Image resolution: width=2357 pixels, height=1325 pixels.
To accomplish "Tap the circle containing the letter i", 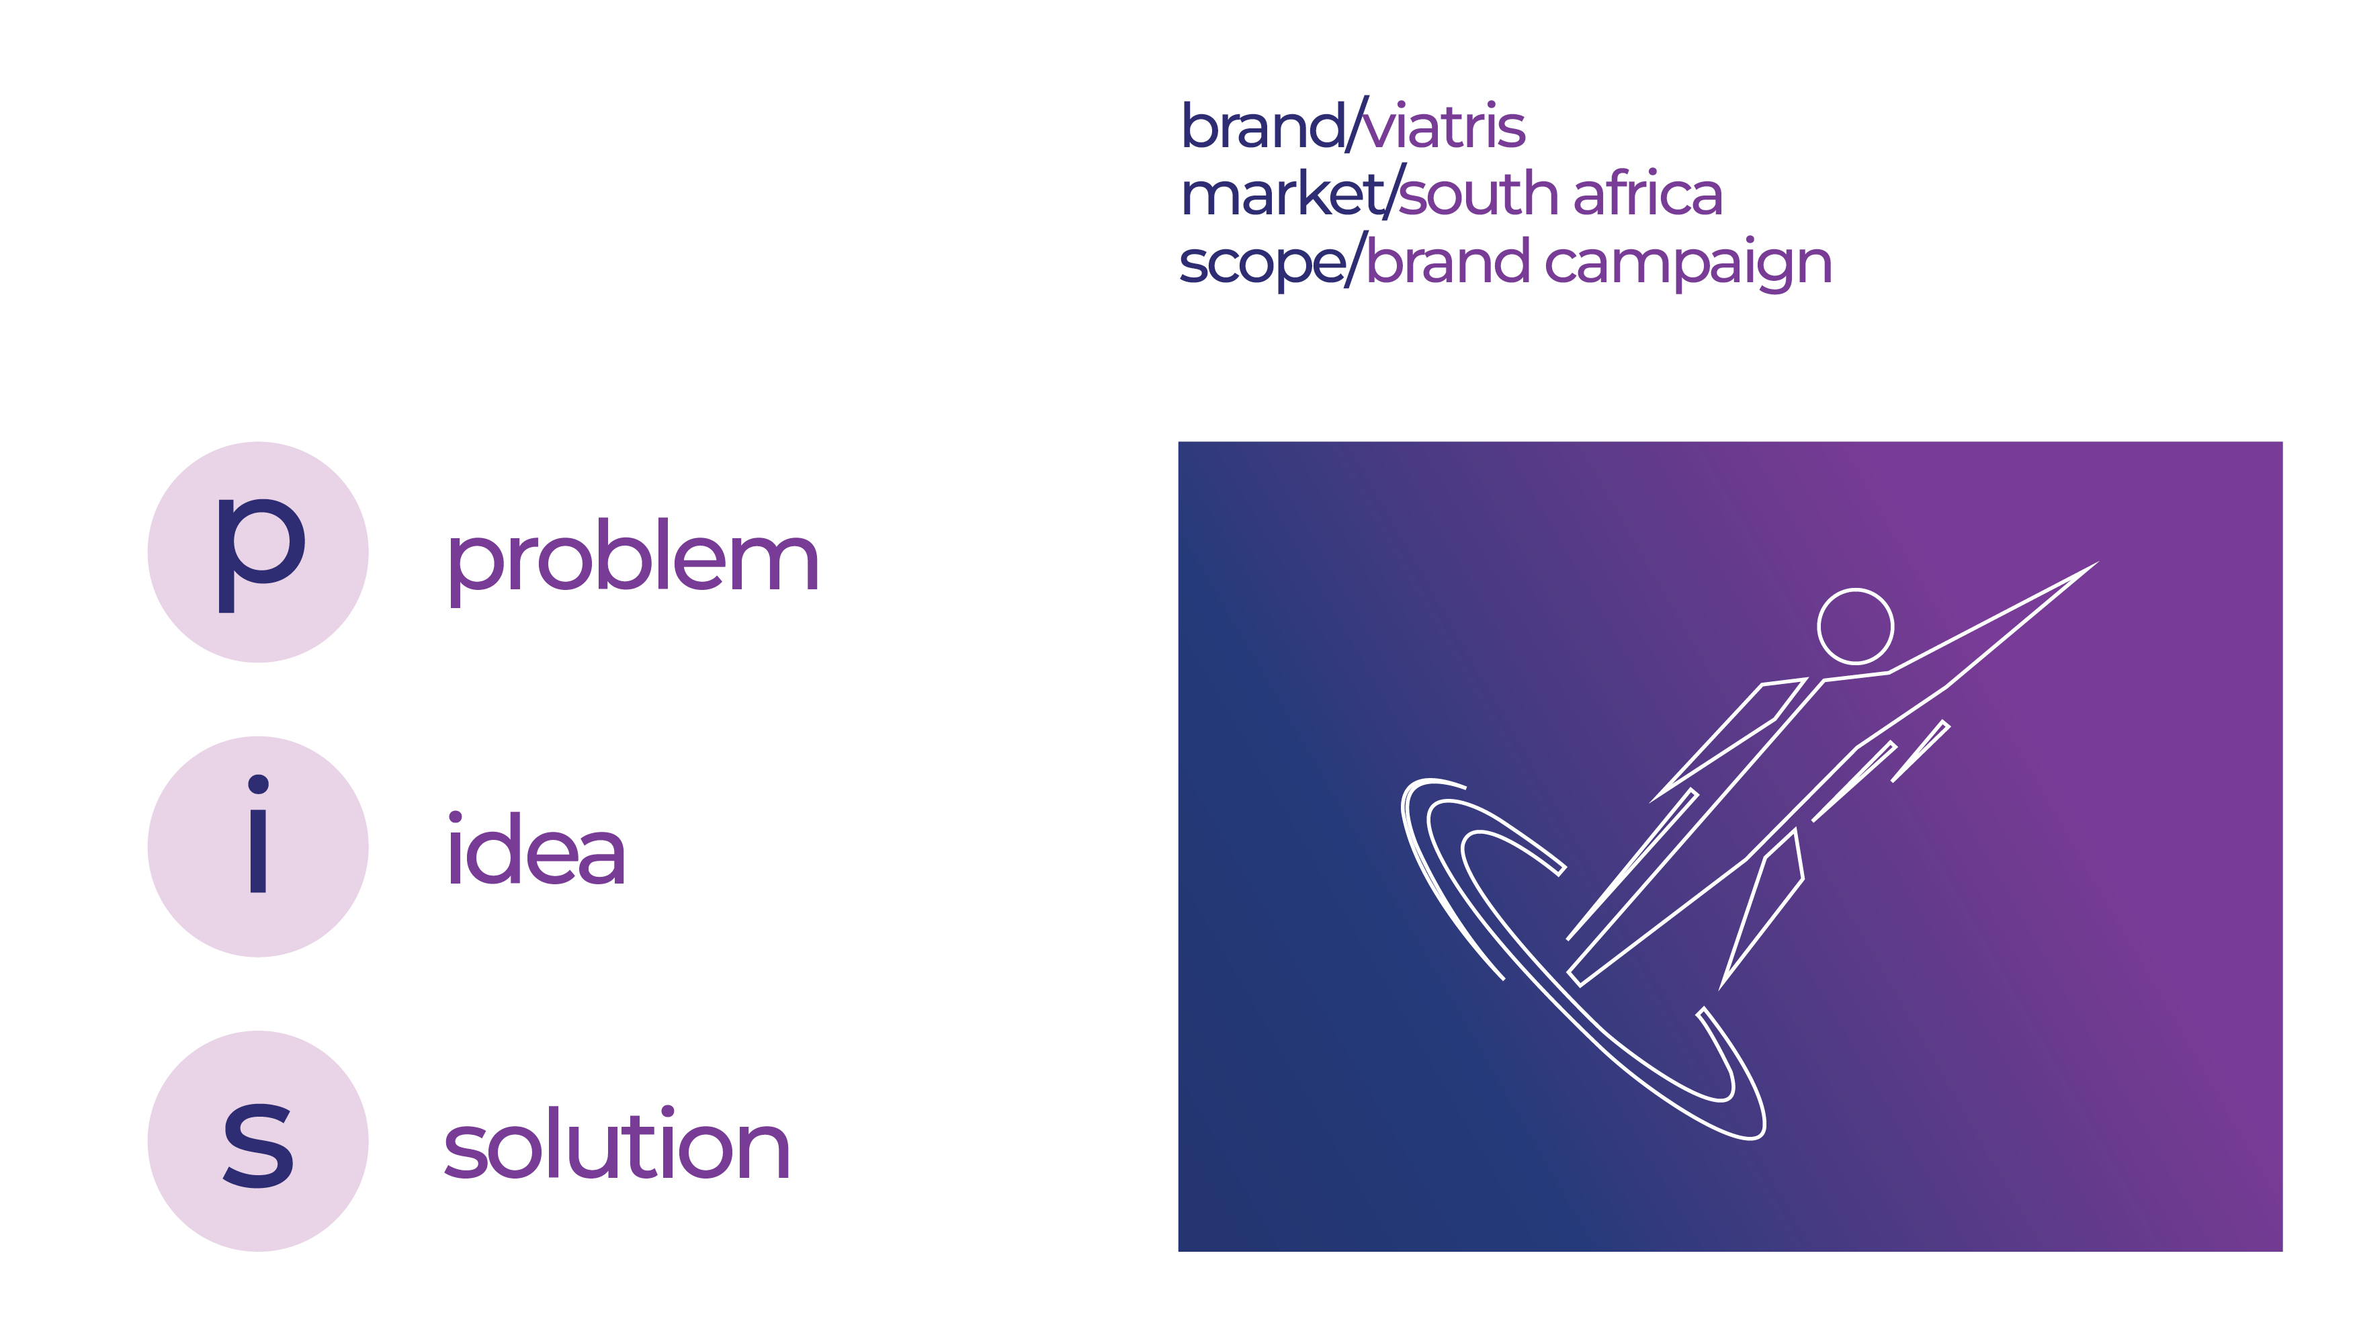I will pyautogui.click(x=258, y=847).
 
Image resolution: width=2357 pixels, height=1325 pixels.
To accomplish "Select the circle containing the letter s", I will pyautogui.click(x=258, y=1141).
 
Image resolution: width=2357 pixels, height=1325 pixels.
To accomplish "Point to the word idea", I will pyautogui.click(x=536, y=851).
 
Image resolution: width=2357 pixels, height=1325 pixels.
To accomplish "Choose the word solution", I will pyautogui.click(x=617, y=1146).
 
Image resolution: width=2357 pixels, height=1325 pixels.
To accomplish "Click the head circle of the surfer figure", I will pyautogui.click(x=1854, y=626).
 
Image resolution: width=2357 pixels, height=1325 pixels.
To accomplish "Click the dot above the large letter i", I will pyautogui.click(x=258, y=784).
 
